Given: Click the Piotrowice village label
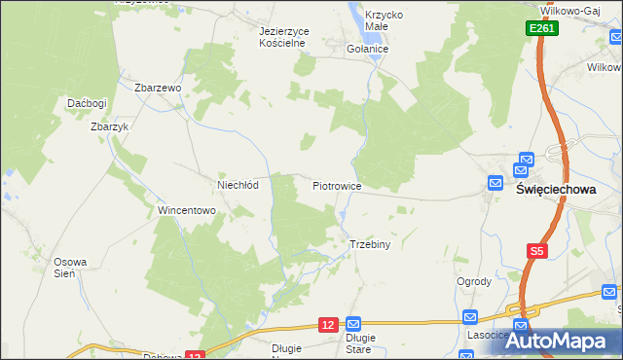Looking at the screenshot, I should click(337, 185).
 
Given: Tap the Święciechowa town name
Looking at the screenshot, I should click(555, 191).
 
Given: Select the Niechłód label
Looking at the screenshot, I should click(237, 185).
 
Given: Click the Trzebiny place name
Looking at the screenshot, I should click(369, 244).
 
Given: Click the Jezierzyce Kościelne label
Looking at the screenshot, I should click(283, 37).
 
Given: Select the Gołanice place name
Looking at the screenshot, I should click(368, 48).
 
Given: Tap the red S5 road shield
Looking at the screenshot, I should click(536, 251).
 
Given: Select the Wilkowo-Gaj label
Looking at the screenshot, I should click(572, 9).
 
